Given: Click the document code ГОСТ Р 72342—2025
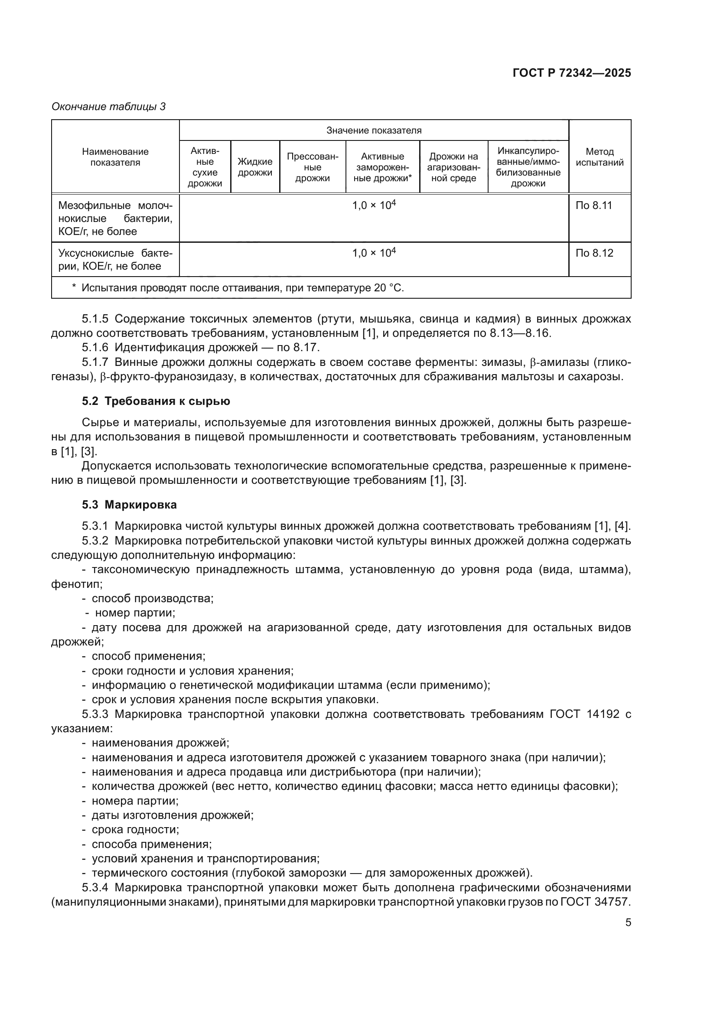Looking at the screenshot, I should (572, 73).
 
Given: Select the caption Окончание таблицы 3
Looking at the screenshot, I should (109, 107).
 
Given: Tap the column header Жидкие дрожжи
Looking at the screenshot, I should (255, 167).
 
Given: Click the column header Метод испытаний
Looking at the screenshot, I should (599, 157).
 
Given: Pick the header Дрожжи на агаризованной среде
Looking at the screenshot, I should (453, 167).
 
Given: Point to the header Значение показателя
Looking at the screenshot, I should (374, 130).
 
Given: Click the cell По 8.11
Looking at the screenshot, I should (594, 205).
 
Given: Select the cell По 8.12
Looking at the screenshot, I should (594, 253).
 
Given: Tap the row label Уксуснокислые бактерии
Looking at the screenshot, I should (115, 259).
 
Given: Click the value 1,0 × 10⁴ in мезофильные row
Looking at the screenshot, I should (374, 205).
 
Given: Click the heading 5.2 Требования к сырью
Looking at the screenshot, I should (156, 401).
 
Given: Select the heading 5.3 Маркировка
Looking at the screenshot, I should (129, 504).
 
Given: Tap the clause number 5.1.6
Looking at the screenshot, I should (95, 347).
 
